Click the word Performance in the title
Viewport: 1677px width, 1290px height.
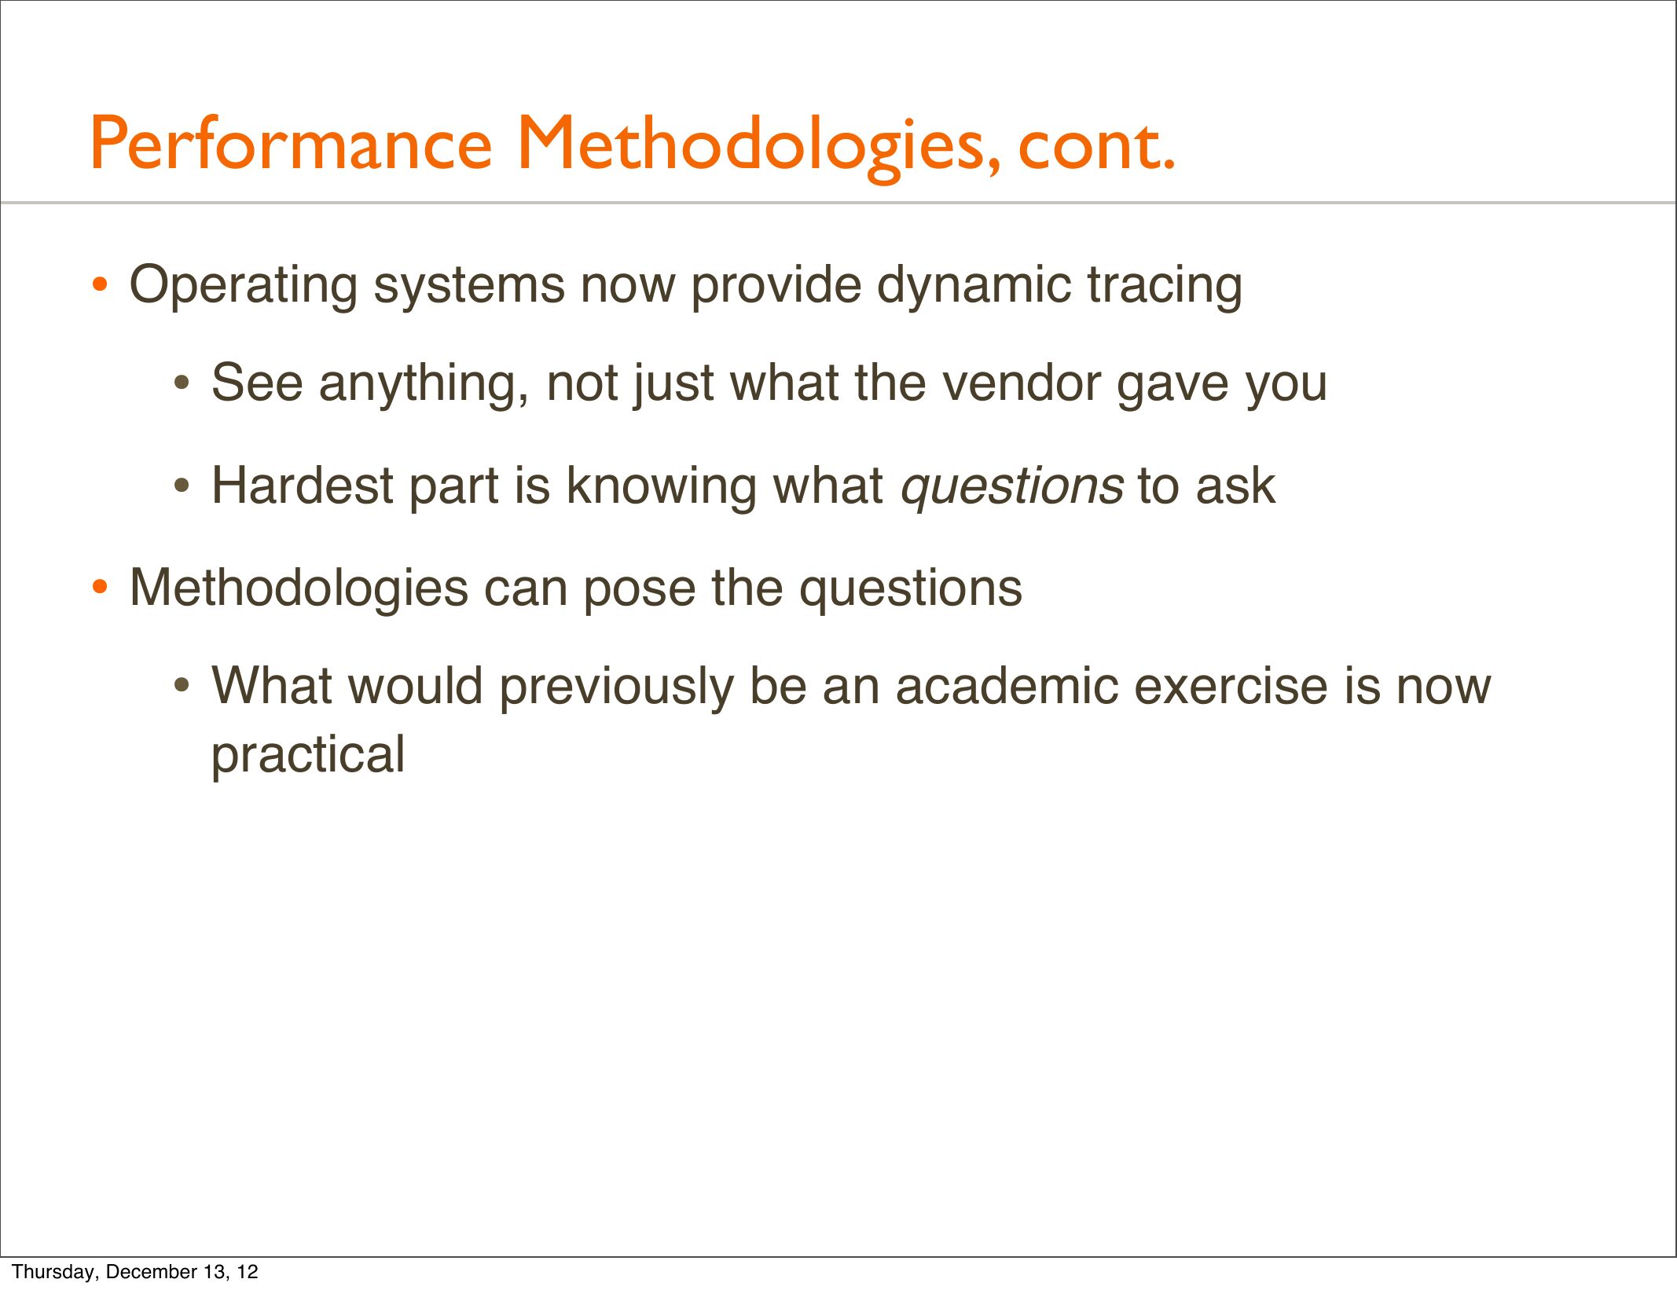coord(292,145)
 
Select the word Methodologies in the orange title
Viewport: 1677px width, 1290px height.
coord(759,147)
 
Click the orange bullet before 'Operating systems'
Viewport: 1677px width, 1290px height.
coord(99,285)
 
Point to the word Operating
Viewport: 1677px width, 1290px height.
coord(244,286)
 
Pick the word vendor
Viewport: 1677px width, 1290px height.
coord(1022,383)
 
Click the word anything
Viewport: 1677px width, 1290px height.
coord(424,385)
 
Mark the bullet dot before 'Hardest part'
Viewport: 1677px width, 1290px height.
coord(182,486)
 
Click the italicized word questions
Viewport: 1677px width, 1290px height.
coord(1012,488)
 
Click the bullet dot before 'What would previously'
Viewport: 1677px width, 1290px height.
coord(182,687)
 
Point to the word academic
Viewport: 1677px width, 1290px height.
coord(1008,685)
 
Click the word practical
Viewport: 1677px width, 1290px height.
coord(309,756)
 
